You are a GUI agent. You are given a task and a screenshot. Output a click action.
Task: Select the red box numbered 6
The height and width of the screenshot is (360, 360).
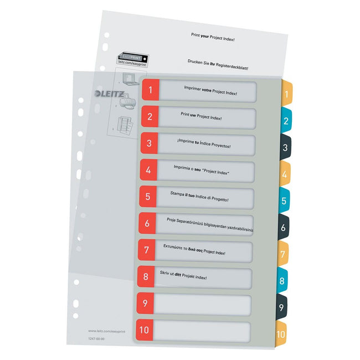[x=146, y=224]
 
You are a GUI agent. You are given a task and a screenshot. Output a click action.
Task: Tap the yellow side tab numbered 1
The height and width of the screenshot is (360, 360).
[x=286, y=94]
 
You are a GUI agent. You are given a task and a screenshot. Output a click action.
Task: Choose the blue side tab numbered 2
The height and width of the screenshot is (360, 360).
[x=286, y=121]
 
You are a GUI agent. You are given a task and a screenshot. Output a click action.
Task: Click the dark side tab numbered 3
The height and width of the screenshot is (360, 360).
[x=285, y=148]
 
